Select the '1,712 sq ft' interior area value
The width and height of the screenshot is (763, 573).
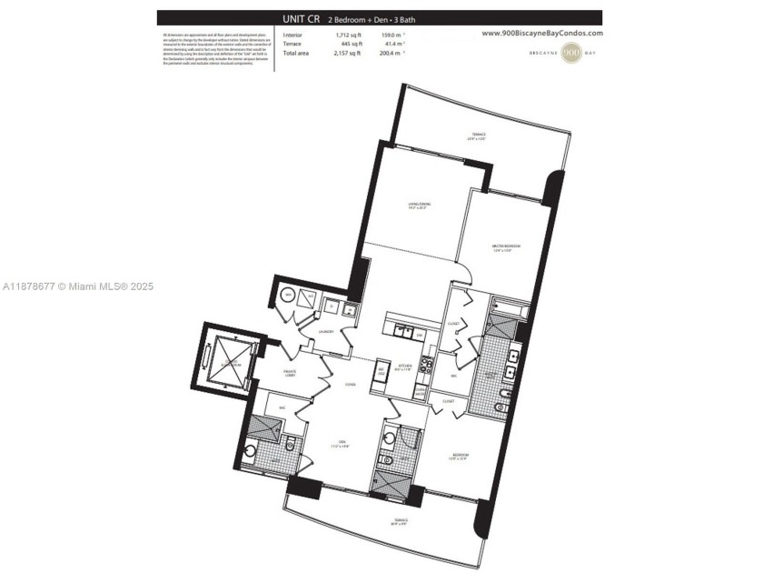coord(323,35)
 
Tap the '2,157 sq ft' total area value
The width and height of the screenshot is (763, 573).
coord(323,53)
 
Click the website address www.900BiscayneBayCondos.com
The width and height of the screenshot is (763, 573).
coord(541,33)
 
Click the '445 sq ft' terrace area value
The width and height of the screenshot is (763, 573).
coord(326,44)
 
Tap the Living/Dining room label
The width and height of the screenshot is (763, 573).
coord(419,206)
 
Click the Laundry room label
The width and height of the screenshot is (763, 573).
coord(327,332)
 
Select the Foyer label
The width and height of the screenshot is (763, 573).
coord(350,385)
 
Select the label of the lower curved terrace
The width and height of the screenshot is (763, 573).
coord(401,521)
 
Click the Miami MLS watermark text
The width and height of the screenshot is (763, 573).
coord(78,286)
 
